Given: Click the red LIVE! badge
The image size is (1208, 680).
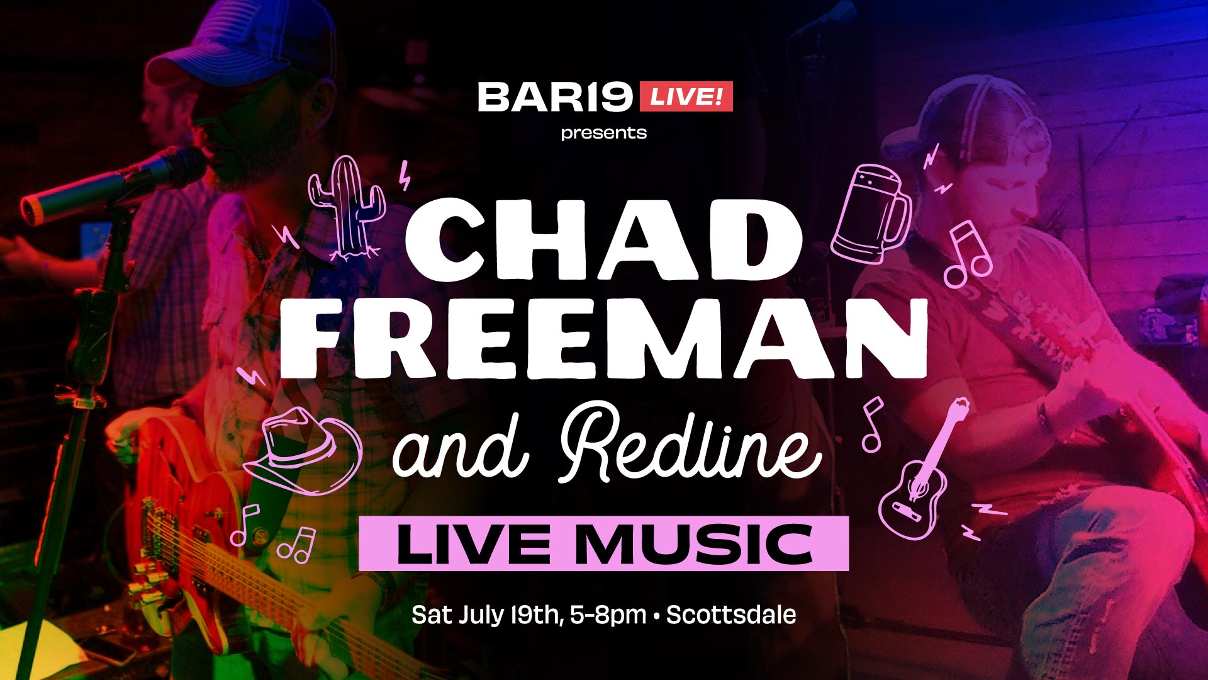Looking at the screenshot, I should pyautogui.click(x=686, y=97).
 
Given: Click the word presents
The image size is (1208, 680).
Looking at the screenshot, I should pyautogui.click(x=604, y=133).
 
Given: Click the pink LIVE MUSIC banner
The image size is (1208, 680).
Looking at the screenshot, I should pyautogui.click(x=604, y=543).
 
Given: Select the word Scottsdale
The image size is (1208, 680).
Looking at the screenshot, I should pyautogui.click(x=731, y=615).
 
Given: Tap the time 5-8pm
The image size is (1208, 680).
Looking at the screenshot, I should pyautogui.click(x=608, y=615).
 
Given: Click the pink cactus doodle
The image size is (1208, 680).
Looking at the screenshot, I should pyautogui.click(x=349, y=208).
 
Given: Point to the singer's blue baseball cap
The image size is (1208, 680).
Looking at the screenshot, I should pyautogui.click(x=252, y=44).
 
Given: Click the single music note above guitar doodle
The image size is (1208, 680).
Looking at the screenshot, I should pyautogui.click(x=872, y=426).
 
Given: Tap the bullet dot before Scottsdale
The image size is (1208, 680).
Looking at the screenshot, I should pyautogui.click(x=656, y=615).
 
